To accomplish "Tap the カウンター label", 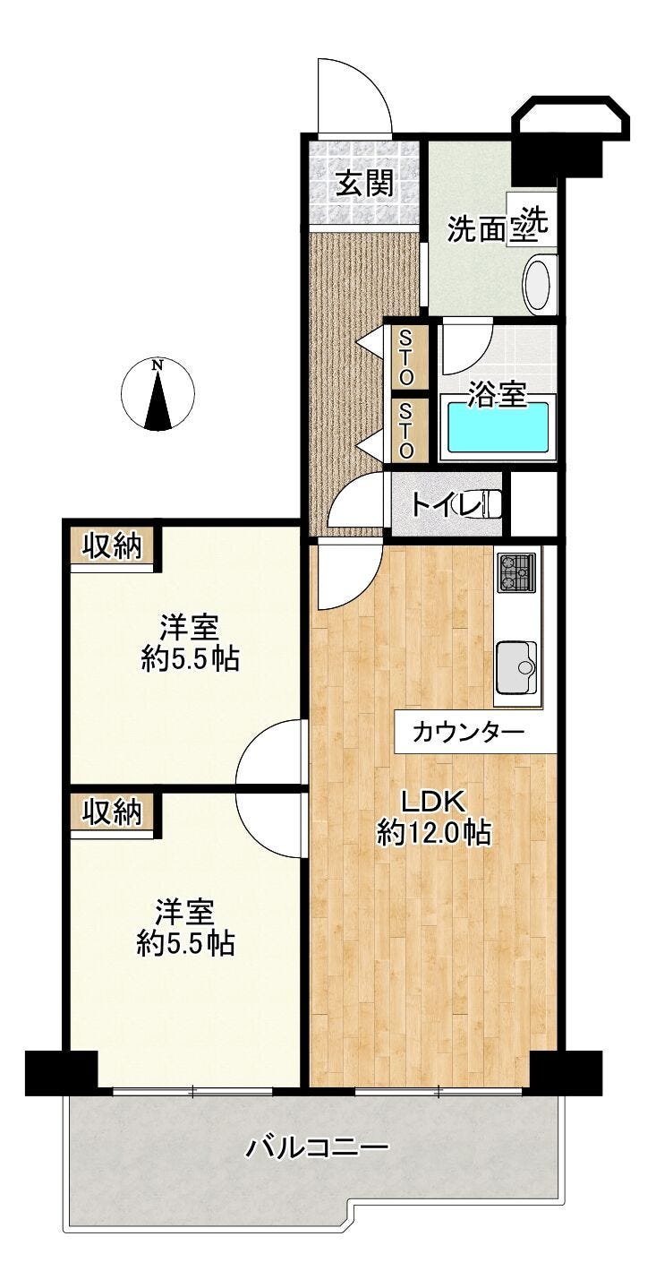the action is click(469, 734).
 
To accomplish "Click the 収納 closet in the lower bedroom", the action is click(112, 811).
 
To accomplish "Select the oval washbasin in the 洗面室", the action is click(537, 285).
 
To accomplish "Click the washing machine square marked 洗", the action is click(532, 220).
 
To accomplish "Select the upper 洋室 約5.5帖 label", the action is click(190, 643).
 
